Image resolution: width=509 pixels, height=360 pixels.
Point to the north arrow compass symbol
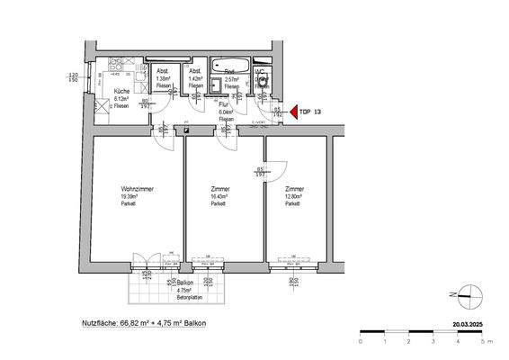click(467, 291)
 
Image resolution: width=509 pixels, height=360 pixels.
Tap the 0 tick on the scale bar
click(361, 341)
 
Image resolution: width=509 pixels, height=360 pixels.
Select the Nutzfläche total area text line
click(143, 321)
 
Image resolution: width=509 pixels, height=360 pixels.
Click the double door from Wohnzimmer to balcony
click(145, 263)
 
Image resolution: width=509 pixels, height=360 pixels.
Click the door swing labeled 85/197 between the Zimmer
click(273, 169)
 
